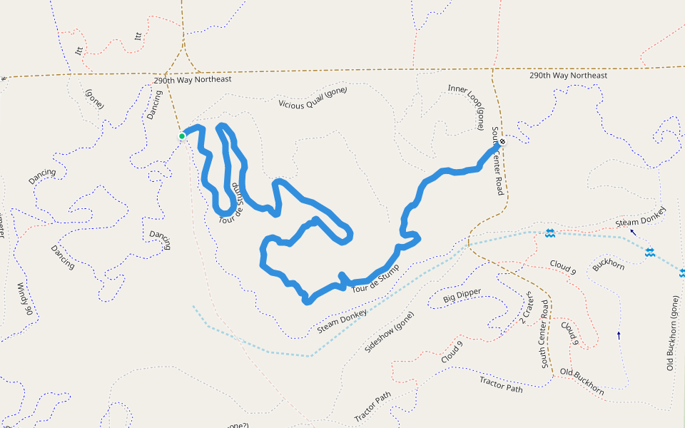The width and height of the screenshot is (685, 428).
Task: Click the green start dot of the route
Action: point(182,136)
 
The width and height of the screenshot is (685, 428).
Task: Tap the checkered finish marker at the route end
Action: point(502,141)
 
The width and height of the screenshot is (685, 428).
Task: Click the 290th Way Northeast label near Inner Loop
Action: point(568,76)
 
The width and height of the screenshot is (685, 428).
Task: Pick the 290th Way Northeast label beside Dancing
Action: point(193,80)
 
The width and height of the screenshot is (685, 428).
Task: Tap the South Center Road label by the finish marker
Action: point(497,160)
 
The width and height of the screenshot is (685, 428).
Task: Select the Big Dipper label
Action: point(462,295)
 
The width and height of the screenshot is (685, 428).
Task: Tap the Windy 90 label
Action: point(24,299)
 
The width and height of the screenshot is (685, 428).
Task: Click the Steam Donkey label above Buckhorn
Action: point(640,218)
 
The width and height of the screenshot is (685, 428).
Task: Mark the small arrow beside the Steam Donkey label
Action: point(632,232)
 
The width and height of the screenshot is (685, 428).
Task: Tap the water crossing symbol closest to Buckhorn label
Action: point(649,253)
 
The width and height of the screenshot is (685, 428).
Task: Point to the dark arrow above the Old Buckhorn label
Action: point(619,335)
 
